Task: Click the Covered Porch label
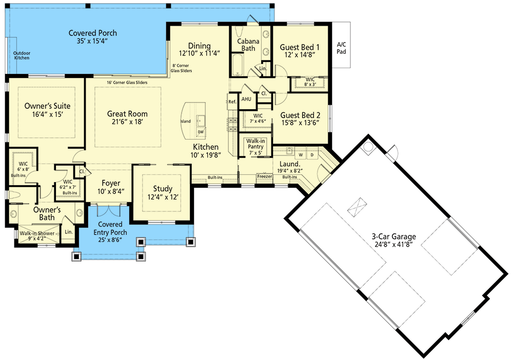coord(93,33)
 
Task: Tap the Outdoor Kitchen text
coord(22,54)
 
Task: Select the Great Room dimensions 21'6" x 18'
coord(127,123)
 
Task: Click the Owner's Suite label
coord(47,106)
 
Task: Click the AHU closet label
coord(246,99)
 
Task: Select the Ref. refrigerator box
coord(232,102)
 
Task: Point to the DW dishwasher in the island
coord(201,131)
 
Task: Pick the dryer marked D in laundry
coord(311,153)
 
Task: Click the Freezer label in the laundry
coord(264,176)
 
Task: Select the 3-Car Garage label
coord(394,236)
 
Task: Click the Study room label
coord(163,189)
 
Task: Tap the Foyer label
coord(111,183)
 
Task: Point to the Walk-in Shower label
coord(37,233)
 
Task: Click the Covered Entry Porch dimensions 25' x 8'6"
coord(110,232)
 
